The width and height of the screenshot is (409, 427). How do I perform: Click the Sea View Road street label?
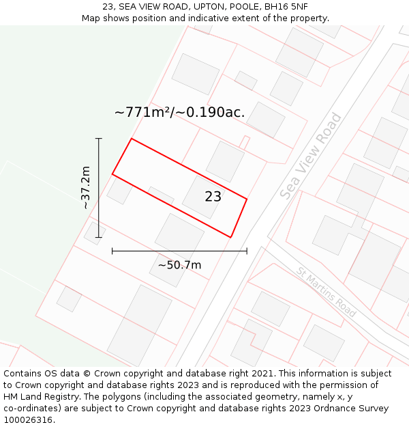(x=311, y=156)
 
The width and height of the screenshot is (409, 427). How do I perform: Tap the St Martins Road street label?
(x=327, y=292)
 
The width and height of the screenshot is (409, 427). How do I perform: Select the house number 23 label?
(x=213, y=197)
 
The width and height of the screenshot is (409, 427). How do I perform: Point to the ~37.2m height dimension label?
(x=85, y=187)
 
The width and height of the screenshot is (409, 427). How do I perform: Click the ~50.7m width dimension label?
(x=179, y=265)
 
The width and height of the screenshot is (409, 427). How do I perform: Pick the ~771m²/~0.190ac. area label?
(x=179, y=112)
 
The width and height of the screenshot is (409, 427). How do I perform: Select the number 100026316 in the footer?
(x=27, y=420)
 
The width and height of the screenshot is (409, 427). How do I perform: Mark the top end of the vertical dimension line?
(x=99, y=139)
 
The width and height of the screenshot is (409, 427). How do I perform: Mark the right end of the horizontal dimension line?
(x=247, y=251)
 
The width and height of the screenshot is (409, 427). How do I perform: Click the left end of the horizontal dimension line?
(x=112, y=251)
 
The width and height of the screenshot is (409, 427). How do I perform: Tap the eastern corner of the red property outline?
(x=247, y=199)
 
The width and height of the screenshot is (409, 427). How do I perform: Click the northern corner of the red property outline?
(x=131, y=139)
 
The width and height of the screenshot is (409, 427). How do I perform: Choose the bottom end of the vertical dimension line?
(x=99, y=238)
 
